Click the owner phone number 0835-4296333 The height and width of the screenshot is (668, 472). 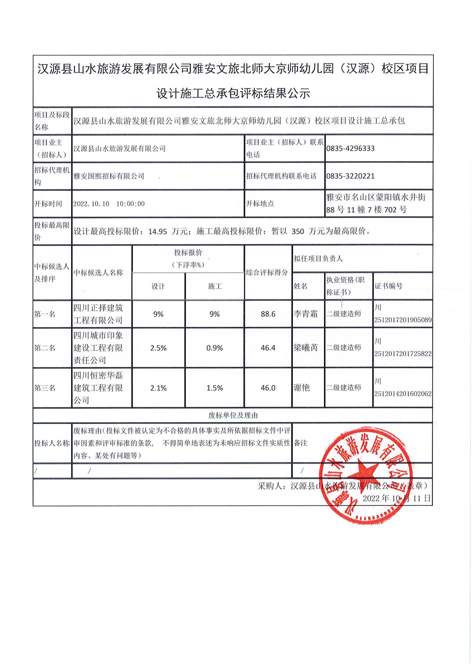click(350, 149)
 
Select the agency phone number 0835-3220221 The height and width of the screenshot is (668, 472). click(350, 176)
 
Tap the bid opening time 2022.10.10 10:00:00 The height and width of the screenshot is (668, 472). click(109, 204)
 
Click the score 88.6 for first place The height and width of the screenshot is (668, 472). click(268, 314)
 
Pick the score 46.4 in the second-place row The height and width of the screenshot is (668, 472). click(268, 348)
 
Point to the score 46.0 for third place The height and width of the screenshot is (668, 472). click(268, 388)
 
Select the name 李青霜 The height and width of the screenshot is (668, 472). click(305, 314)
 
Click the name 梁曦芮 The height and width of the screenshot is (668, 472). click(305, 348)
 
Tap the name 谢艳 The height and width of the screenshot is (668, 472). click(302, 388)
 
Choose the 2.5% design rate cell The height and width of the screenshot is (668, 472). click(158, 348)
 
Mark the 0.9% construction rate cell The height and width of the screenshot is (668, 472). click(215, 348)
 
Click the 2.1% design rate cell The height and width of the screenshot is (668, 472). click(158, 388)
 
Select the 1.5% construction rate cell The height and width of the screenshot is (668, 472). click(215, 388)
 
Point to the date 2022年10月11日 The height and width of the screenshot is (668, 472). click(396, 498)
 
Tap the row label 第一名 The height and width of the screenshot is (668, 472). click(45, 314)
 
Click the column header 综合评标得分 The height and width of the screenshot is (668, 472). click(267, 273)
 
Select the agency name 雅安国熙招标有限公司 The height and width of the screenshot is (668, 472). click(109, 176)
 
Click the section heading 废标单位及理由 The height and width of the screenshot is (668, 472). click(233, 416)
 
